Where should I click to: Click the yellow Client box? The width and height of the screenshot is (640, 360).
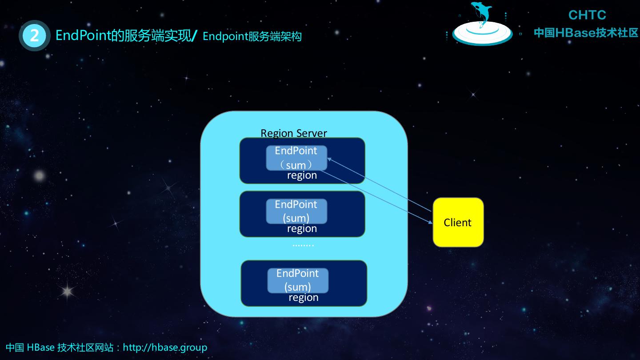pos(458,222)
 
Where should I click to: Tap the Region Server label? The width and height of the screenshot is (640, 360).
pos(293,133)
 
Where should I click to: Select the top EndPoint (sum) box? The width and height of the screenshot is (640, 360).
pos(296,157)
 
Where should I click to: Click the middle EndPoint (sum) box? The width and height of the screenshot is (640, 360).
pos(296,211)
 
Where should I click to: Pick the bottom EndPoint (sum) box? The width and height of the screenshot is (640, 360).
pos(298,280)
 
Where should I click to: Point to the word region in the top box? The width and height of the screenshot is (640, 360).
pos(302,175)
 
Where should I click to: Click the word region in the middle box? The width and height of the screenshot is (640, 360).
pos(302,228)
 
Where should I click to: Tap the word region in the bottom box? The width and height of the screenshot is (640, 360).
pos(304,297)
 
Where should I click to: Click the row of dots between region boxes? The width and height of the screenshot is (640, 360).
pos(303,245)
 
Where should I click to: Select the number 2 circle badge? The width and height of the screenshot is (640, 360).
pos(34,35)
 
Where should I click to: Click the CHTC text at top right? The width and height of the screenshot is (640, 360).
pos(587,15)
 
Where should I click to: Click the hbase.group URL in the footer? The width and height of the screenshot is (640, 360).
pos(165,347)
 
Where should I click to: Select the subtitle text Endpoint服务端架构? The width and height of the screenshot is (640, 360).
pos(252,36)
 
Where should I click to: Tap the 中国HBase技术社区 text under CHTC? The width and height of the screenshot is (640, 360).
pos(586,32)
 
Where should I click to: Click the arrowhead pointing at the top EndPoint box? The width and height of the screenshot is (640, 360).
pos(329,159)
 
